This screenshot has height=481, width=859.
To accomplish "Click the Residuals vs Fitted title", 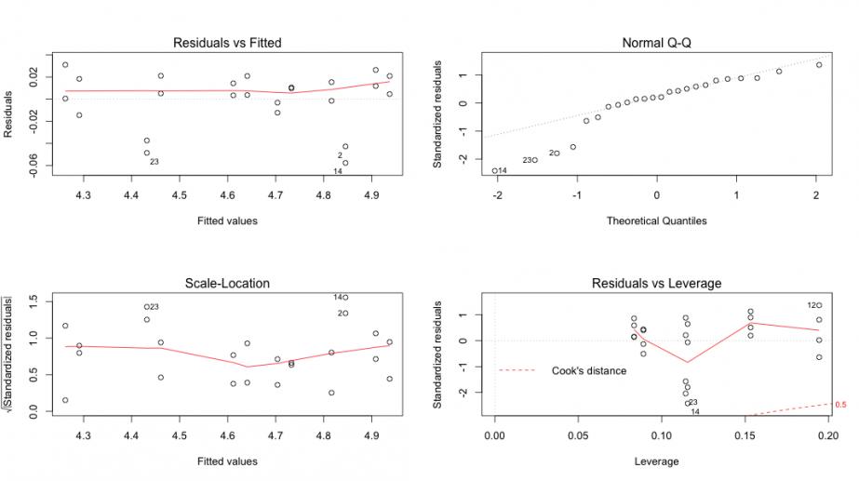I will (227, 43).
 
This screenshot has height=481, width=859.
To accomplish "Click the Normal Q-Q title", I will (656, 43).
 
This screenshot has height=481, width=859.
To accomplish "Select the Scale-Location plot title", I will (227, 284).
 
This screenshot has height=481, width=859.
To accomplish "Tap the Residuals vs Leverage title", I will (656, 284).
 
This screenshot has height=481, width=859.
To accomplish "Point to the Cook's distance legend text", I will (589, 370).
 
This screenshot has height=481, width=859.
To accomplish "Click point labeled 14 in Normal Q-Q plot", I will (494, 170).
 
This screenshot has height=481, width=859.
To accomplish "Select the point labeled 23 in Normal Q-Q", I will (534, 160).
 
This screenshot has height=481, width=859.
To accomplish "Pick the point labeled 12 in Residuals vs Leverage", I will (819, 305).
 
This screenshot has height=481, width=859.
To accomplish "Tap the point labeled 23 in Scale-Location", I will (146, 306).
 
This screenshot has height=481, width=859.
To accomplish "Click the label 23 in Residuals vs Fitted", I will (154, 162).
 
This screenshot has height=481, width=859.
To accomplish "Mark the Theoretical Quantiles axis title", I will (656, 220).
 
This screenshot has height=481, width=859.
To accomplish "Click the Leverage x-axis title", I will (656, 461).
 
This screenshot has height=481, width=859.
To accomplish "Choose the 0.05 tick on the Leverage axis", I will (578, 434).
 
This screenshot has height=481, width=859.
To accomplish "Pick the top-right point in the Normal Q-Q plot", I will (819, 64).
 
